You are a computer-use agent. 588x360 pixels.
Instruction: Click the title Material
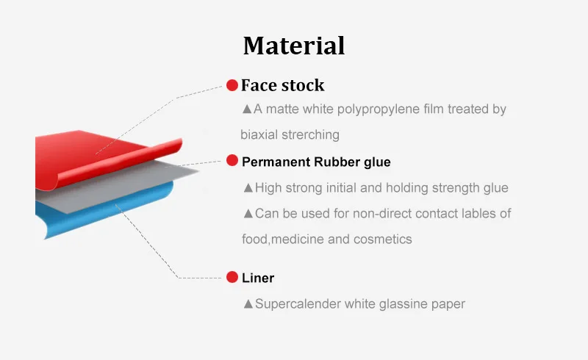pos(294,46)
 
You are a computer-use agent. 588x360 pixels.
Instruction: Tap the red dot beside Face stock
pos(232,85)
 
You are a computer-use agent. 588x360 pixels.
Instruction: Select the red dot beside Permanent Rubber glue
pos(232,160)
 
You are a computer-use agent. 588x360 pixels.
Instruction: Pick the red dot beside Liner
pos(232,277)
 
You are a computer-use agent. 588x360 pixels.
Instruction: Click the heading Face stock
pos(282,85)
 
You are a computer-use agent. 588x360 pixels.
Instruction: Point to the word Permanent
pos(273,162)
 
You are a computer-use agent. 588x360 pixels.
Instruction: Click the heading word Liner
pos(258,278)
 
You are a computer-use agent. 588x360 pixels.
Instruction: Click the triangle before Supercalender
pos(248,303)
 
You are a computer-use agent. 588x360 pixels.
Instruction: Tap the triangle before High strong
pos(248,188)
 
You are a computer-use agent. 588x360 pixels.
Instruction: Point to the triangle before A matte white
pos(247,109)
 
